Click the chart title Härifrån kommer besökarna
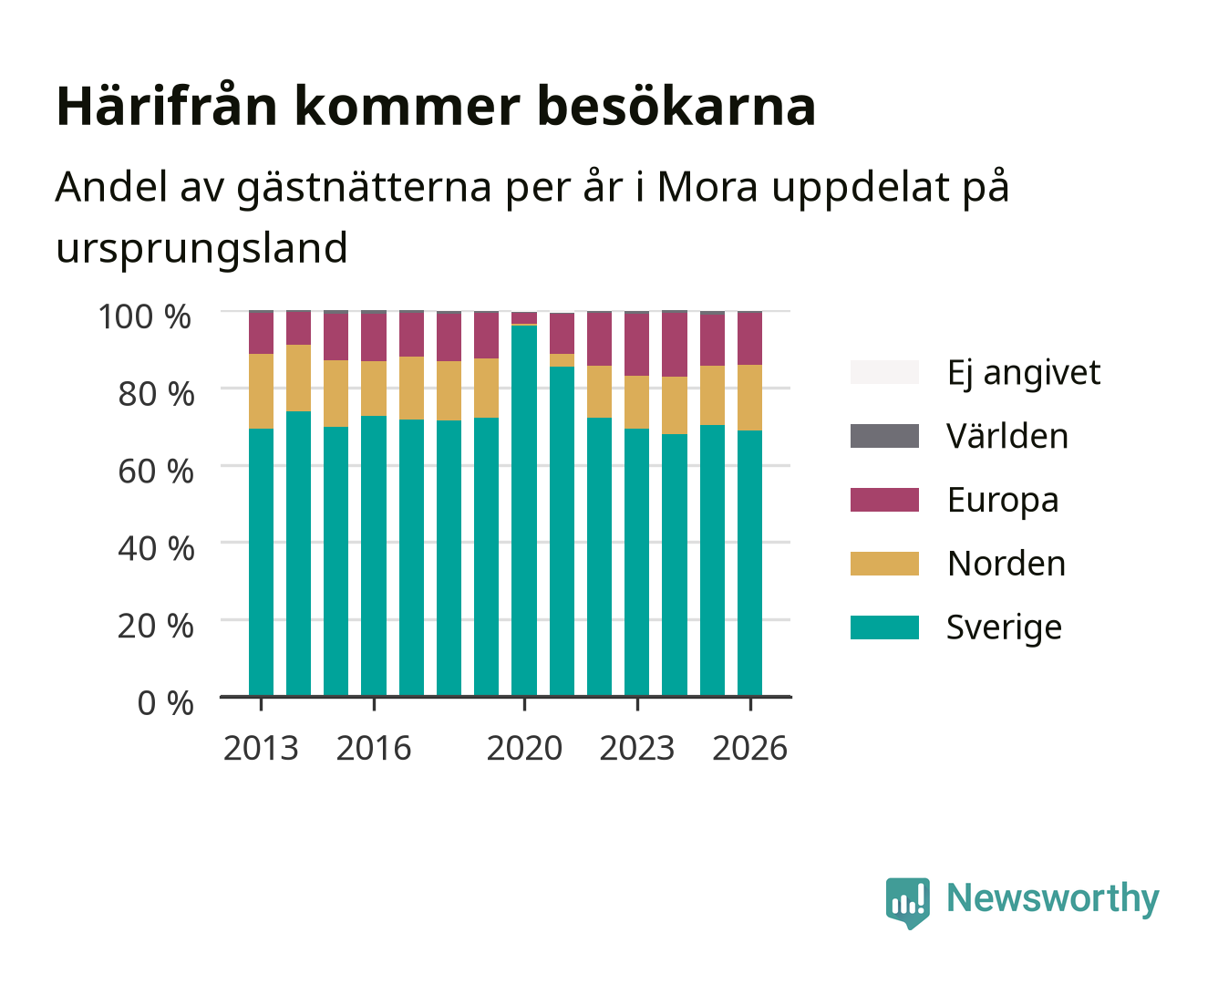436,107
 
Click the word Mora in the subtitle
707,186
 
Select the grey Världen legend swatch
884,436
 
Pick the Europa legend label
1003,501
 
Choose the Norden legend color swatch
884,564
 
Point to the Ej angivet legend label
1024,373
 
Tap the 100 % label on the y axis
145,316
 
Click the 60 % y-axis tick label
156,472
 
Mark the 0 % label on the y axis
165,703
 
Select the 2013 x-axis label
261,748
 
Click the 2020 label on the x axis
524,748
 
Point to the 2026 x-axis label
749,748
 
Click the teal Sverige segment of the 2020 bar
524,510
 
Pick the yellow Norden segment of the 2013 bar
261,391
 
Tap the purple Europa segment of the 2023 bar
636,345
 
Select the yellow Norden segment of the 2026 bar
749,398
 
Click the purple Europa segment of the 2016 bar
374,337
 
